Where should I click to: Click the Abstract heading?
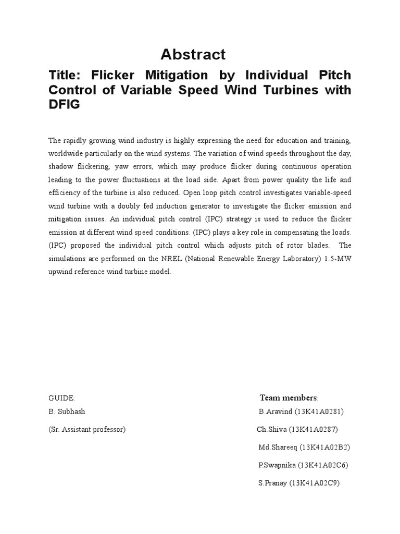(x=193, y=54)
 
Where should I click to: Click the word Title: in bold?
(x=64, y=75)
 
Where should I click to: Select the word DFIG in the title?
(x=64, y=105)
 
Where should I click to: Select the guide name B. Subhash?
(x=67, y=411)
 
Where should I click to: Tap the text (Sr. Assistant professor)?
(x=87, y=430)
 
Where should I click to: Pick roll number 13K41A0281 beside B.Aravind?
(x=319, y=411)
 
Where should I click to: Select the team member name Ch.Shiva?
(x=270, y=430)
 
